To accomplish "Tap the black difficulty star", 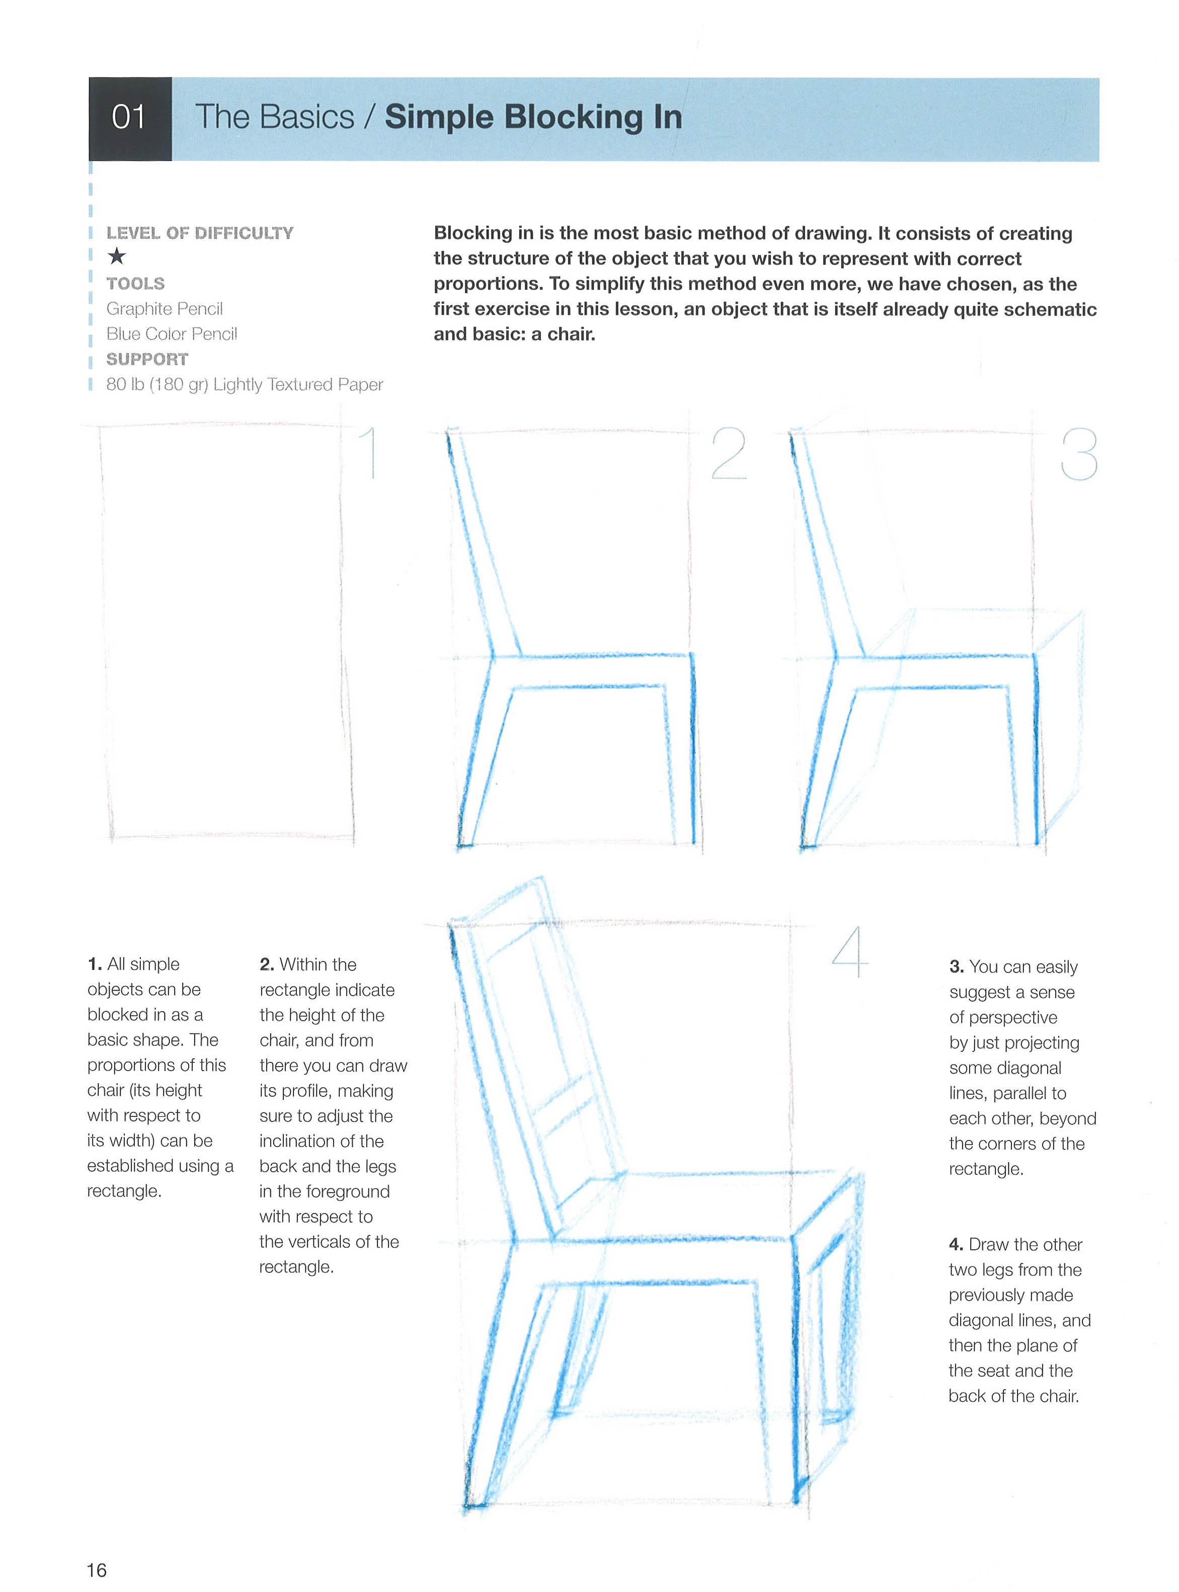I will (x=116, y=256).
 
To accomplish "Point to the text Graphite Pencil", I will (x=164, y=309).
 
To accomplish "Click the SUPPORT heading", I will (x=147, y=358).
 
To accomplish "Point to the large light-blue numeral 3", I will (x=1078, y=454).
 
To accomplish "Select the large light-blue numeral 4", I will (x=850, y=952).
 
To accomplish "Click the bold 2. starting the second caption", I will (x=267, y=964).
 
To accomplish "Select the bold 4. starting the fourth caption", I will (x=956, y=1244).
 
